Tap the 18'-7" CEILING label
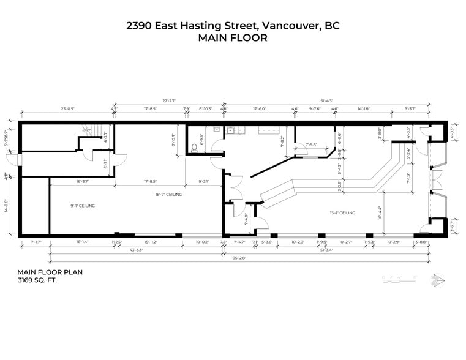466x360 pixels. click(x=168, y=194)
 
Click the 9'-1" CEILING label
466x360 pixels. click(x=83, y=206)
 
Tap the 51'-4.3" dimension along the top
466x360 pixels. click(x=326, y=100)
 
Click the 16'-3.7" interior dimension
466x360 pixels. click(x=86, y=181)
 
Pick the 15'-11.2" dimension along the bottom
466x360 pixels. click(x=150, y=242)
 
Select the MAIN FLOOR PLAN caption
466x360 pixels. click(x=50, y=272)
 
